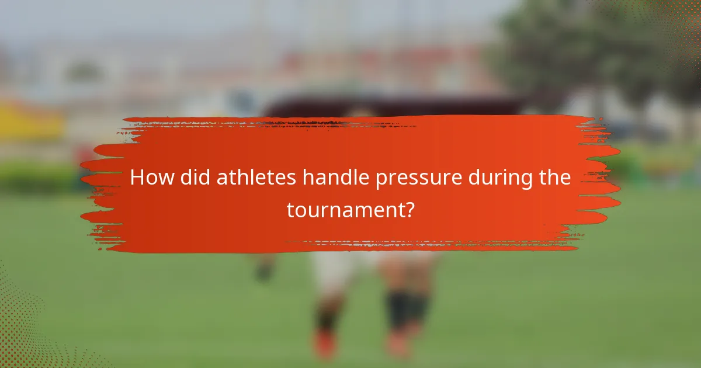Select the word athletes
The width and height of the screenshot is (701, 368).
(x=256, y=178)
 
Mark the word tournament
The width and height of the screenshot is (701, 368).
(x=344, y=210)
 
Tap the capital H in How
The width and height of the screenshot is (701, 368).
(x=136, y=178)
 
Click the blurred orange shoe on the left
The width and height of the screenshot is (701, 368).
(x=324, y=345)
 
